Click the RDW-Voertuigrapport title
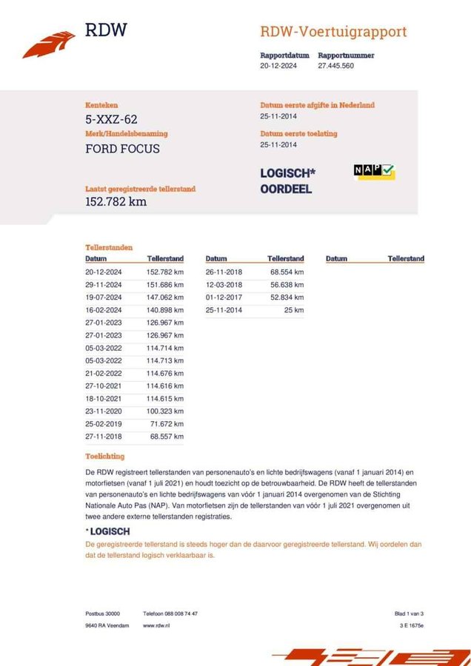333,32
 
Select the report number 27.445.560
335,66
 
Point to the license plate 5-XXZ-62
111,119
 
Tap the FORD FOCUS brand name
122,149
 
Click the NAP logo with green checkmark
374,172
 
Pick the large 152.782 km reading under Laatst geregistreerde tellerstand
116,201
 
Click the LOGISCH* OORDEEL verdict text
287,181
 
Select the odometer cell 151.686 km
165,285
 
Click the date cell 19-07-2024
104,299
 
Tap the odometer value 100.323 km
165,411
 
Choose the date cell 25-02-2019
104,425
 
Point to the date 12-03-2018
224,285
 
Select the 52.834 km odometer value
286,297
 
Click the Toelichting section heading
105,456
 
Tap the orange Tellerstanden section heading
109,247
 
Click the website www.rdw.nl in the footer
158,625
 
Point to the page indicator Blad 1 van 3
409,613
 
